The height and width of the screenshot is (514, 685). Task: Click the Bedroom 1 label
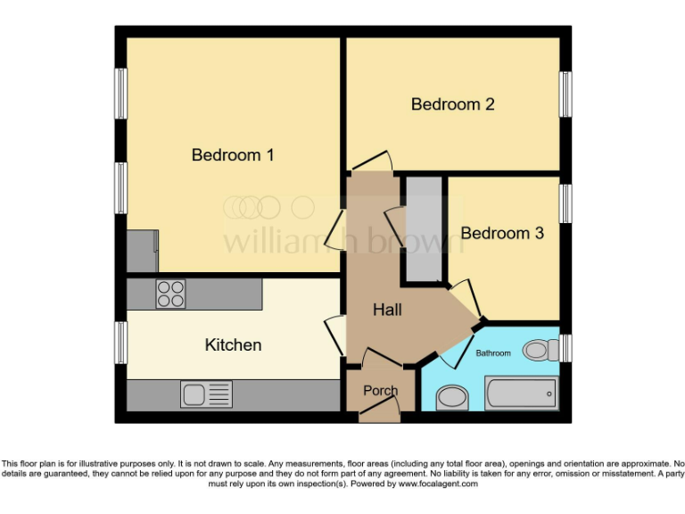tap(233, 155)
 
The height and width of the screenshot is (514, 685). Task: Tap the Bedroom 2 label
tap(452, 104)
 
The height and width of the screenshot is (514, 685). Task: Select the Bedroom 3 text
tap(502, 233)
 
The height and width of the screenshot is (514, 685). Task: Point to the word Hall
tap(387, 310)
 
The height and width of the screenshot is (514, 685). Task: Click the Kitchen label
tap(233, 344)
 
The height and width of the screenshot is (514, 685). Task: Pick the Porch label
tap(380, 391)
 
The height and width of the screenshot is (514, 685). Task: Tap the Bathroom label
tap(493, 353)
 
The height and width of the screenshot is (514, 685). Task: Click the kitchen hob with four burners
tap(170, 294)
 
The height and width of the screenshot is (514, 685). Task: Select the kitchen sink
tap(206, 394)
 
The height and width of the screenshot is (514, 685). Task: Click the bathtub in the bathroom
tap(520, 393)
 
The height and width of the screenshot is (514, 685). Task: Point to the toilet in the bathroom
tap(540, 350)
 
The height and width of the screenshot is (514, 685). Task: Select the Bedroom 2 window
tap(565, 94)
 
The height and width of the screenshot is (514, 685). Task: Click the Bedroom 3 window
tap(565, 203)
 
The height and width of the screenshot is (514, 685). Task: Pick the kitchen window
tap(120, 344)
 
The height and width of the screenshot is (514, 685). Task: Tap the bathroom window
tap(565, 348)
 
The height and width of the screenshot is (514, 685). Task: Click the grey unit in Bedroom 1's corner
tap(142, 252)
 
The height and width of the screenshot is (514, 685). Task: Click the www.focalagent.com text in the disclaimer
tap(437, 485)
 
